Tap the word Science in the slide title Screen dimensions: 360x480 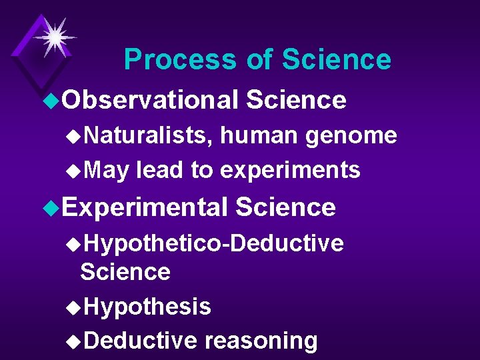[x=336, y=60]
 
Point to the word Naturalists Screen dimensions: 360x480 [x=148, y=136]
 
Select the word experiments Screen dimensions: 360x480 [x=290, y=171]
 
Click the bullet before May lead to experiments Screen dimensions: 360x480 [x=73, y=171]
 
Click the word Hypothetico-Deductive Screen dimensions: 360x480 [x=214, y=244]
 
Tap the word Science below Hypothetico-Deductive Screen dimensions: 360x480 [x=125, y=272]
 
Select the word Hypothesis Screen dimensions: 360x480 [x=148, y=307]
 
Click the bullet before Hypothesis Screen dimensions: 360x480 [x=73, y=307]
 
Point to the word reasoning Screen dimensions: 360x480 [x=261, y=341]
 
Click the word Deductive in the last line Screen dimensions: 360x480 [x=141, y=341]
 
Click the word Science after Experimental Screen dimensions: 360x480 [x=285, y=207]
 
